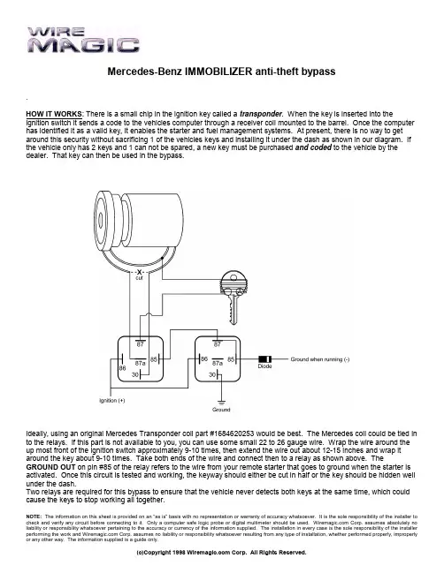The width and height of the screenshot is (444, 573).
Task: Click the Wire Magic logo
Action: pyautogui.click(x=83, y=40)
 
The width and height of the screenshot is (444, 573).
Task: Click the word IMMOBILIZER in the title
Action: pyautogui.click(x=218, y=72)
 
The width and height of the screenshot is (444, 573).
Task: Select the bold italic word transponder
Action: pyautogui.click(x=261, y=114)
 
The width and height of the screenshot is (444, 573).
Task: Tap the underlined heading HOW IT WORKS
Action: pyautogui.click(x=55, y=114)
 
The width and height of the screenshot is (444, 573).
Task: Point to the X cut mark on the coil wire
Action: pyautogui.click(x=139, y=272)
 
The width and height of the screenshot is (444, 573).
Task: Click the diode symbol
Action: pyautogui.click(x=264, y=359)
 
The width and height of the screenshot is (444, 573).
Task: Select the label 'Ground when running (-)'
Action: pyautogui.click(x=320, y=359)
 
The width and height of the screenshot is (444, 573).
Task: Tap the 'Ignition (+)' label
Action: pyautogui.click(x=112, y=400)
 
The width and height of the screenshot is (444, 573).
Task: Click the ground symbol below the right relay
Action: pyautogui.click(x=221, y=403)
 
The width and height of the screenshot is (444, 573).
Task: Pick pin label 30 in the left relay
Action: pyautogui.click(x=135, y=374)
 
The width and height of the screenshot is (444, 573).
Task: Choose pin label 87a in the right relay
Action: pyautogui.click(x=218, y=363)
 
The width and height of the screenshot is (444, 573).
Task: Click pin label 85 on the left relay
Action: pyautogui.click(x=154, y=359)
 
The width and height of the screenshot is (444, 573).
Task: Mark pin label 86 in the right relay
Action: pyautogui.click(x=204, y=358)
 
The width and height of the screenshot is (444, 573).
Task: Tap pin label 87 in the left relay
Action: pyautogui.click(x=141, y=343)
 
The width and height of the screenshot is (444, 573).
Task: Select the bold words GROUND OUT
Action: pyautogui.click(x=51, y=467)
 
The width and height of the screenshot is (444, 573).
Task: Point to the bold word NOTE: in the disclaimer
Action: pyautogui.click(x=34, y=516)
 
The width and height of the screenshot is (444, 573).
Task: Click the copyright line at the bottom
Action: pyautogui.click(x=221, y=552)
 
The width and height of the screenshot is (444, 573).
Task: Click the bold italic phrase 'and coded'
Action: pyautogui.click(x=313, y=147)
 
